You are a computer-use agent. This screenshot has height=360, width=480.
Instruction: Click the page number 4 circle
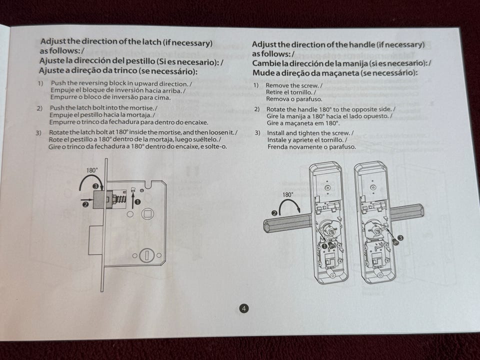(x=243, y=308)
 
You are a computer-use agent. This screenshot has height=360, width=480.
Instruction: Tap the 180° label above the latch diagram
(x=92, y=170)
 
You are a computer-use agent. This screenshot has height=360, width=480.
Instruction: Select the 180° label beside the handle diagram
(x=288, y=194)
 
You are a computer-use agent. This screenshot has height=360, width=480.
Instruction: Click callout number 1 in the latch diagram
(x=137, y=201)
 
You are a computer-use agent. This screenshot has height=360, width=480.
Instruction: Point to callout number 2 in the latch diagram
(x=86, y=204)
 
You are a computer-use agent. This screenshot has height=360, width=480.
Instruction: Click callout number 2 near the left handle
(x=274, y=213)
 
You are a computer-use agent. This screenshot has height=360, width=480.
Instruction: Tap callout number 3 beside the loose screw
(x=400, y=238)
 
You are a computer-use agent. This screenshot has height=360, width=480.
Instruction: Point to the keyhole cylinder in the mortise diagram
(x=146, y=255)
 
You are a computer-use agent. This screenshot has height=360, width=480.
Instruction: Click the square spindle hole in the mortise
(x=147, y=213)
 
